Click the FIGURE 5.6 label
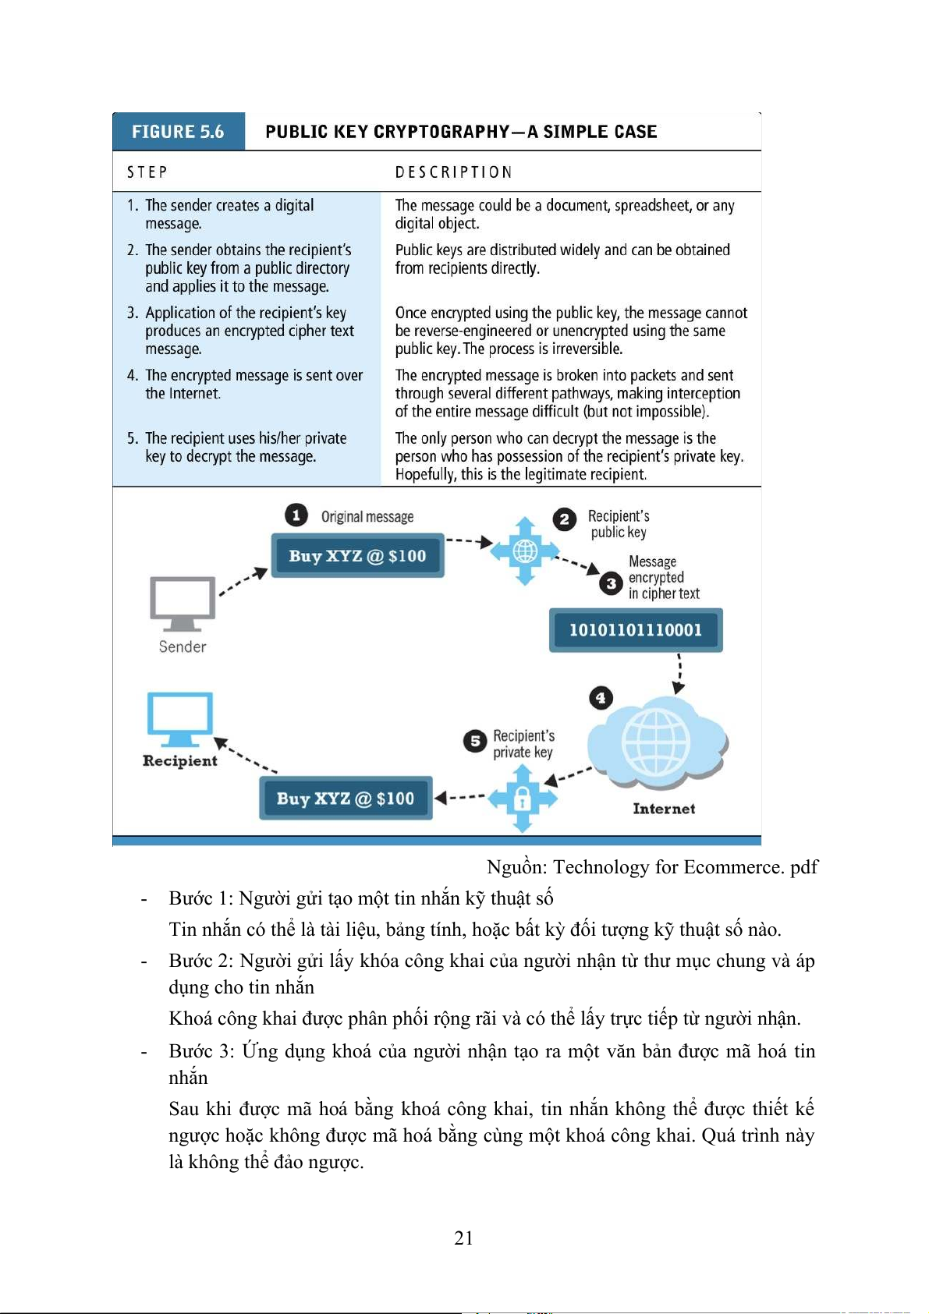(x=178, y=132)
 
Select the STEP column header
(x=147, y=172)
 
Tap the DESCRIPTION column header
(x=453, y=172)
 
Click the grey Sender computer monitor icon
(x=182, y=603)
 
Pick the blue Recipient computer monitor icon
(x=179, y=718)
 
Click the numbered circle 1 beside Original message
(x=296, y=515)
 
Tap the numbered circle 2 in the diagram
(x=564, y=519)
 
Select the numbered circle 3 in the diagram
(x=612, y=583)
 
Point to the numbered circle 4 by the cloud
(x=601, y=698)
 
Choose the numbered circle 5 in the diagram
(x=474, y=741)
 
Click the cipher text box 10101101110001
(x=636, y=630)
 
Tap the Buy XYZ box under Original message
(x=357, y=556)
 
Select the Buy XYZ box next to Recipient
(x=346, y=799)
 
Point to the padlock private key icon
(x=523, y=799)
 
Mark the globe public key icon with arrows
(x=525, y=551)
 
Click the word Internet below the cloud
(x=664, y=809)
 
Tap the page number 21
(x=463, y=1238)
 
